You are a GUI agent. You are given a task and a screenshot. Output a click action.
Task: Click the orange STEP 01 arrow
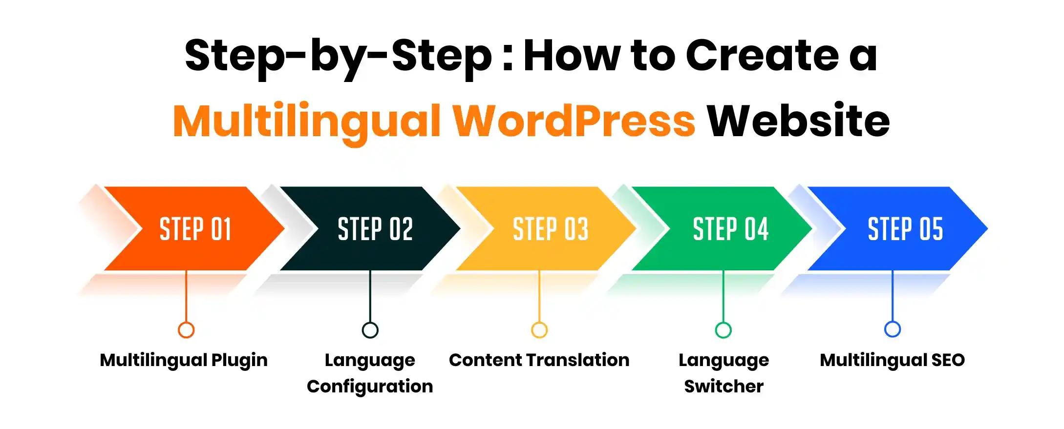tap(195, 229)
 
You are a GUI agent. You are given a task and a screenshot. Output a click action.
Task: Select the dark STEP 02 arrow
tap(375, 229)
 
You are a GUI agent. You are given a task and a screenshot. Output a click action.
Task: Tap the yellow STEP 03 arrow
tap(550, 229)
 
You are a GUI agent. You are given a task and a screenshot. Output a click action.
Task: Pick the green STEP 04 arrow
tap(730, 229)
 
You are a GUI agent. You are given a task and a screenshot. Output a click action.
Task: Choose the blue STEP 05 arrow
tap(905, 229)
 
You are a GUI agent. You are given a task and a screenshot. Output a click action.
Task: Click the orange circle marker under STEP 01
tap(186, 330)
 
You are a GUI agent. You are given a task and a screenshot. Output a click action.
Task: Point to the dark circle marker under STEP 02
tap(370, 330)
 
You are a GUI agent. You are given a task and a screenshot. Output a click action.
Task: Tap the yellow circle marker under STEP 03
tap(539, 330)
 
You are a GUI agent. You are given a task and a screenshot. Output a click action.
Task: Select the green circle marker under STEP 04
tap(724, 330)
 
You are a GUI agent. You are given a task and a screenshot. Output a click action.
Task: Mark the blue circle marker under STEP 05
tap(893, 329)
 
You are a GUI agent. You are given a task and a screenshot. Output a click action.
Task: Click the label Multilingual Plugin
tap(184, 361)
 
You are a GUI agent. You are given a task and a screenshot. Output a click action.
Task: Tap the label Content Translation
tap(539, 360)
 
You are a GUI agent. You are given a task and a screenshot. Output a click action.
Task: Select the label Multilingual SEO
tap(892, 360)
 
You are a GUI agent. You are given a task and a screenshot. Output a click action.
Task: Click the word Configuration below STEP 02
tap(370, 387)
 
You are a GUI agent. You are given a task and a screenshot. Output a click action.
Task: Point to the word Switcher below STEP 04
tap(724, 387)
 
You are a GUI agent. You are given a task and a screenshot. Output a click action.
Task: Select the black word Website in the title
tap(798, 121)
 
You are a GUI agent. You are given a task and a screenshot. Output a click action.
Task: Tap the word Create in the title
tap(762, 56)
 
